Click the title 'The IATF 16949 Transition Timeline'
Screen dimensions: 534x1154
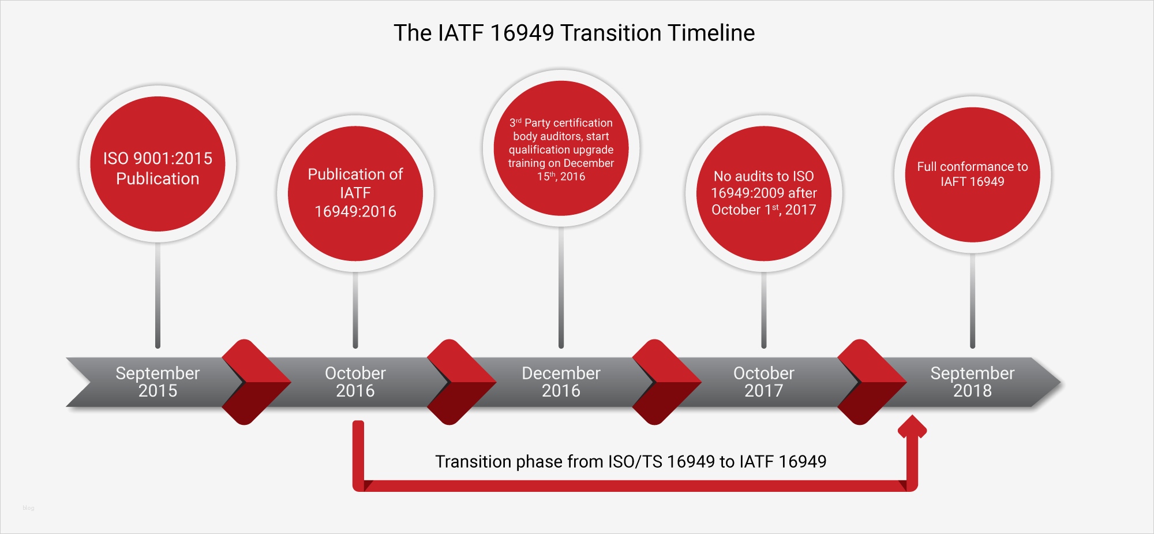click(574, 33)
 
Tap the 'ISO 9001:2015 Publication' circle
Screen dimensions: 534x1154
click(158, 165)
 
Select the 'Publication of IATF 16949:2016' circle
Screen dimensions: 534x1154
click(355, 193)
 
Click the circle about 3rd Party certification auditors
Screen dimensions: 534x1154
click(561, 148)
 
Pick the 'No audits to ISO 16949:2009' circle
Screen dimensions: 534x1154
click(763, 193)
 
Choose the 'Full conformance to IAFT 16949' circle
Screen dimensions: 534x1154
click(972, 174)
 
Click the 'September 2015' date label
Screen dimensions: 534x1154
click(158, 382)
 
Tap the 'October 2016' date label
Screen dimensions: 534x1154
click(355, 382)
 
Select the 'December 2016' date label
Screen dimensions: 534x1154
click(561, 382)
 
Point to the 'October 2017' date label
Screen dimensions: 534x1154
click(763, 382)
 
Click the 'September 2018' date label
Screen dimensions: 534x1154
click(972, 382)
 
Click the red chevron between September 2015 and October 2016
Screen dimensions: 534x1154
click(254, 382)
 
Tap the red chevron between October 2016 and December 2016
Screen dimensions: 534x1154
click(459, 382)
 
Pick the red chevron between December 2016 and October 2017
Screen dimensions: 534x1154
click(665, 382)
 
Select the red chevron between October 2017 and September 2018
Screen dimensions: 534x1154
click(870, 382)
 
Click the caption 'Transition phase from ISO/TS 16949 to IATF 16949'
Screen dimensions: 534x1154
click(631, 461)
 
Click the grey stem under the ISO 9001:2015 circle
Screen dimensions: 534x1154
click(158, 294)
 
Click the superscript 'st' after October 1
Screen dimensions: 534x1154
click(775, 207)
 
